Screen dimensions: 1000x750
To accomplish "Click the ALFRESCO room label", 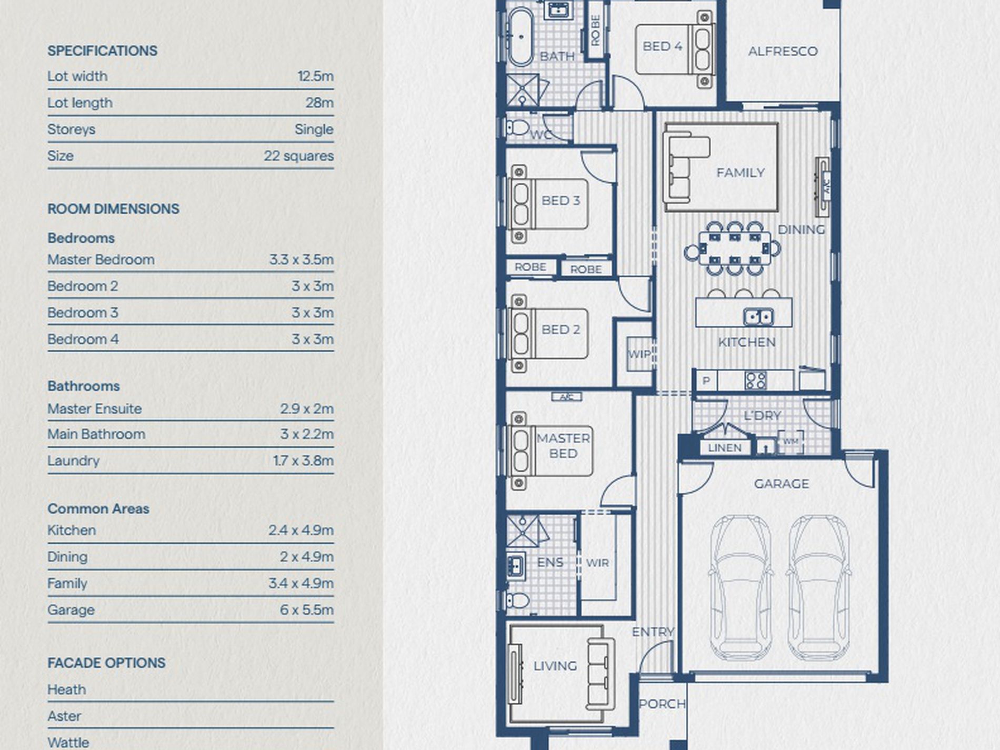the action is tap(783, 51).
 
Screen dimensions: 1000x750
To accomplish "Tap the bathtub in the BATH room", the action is tap(521, 36).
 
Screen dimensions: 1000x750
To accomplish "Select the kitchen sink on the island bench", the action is tap(758, 317).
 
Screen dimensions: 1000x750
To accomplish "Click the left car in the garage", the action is tap(742, 587).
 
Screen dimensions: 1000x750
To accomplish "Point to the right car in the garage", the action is tap(819, 587).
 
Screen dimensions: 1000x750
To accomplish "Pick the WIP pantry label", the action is tap(639, 354).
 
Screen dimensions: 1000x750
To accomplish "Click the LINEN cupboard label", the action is tap(725, 448).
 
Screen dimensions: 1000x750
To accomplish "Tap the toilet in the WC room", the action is tap(517, 127).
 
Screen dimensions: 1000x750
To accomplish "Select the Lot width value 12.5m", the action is tap(315, 76).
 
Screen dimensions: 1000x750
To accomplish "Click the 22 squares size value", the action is tap(298, 156).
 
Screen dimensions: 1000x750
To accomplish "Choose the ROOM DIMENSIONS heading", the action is tap(113, 209).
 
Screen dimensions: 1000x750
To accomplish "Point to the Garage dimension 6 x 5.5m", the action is tap(306, 609).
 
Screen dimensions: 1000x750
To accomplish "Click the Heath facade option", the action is tap(66, 689).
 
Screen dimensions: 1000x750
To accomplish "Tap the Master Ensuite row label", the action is tap(95, 409).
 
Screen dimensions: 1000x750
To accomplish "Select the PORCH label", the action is tap(662, 704).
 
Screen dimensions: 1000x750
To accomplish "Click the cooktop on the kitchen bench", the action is tap(755, 380).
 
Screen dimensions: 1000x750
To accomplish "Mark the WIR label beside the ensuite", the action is tap(597, 563).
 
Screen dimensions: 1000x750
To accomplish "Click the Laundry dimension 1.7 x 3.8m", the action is tap(303, 461).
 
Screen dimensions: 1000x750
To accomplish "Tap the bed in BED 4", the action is tap(675, 49).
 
